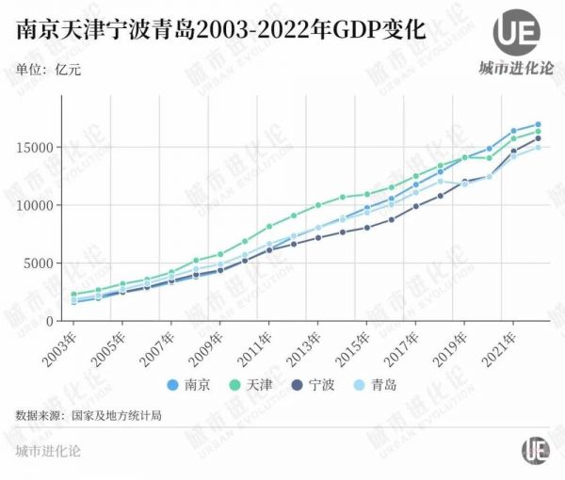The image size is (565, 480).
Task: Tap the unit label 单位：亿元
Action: [x=47, y=67]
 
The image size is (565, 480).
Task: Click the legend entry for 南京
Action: [x=188, y=384]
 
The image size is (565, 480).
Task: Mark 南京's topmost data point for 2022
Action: [x=538, y=124]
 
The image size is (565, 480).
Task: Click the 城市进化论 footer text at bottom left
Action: [x=48, y=451]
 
